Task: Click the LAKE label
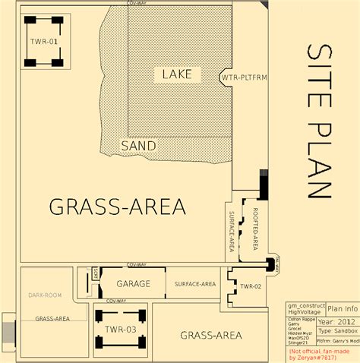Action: click(178, 74)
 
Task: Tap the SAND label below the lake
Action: click(139, 145)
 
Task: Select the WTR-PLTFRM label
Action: click(241, 77)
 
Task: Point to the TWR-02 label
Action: click(250, 286)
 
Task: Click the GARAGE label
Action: click(133, 284)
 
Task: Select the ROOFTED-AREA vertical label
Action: click(256, 228)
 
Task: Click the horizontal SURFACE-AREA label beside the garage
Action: click(195, 284)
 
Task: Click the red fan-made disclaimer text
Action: click(322, 355)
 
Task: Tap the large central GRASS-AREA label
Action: click(117, 205)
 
